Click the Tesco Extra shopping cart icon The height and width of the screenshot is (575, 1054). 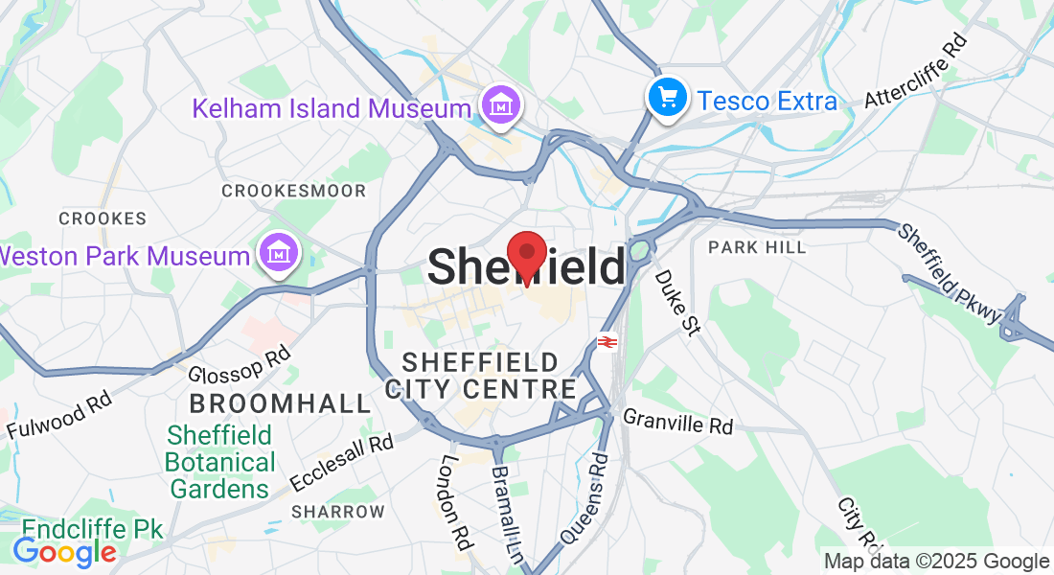coord(666,99)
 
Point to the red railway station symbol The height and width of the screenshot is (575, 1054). coord(607,341)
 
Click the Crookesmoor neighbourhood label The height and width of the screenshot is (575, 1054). coord(293,191)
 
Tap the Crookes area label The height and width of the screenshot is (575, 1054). coord(103,218)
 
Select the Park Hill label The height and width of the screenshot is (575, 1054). coord(757,247)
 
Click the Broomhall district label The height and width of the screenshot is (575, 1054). coord(280,402)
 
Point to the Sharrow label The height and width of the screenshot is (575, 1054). coord(337,511)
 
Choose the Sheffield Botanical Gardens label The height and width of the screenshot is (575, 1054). coord(220,462)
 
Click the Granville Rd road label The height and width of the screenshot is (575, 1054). coord(677,422)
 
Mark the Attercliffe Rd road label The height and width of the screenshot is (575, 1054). coord(916,72)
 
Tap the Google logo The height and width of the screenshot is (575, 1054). coord(64,552)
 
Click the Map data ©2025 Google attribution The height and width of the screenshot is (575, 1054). coord(937,562)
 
